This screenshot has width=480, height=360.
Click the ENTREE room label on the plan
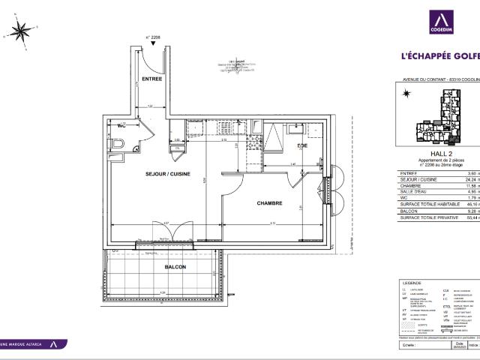[x=153, y=79]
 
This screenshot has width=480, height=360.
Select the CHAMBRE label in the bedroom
[x=268, y=203]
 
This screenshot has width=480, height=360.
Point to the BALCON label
[x=175, y=266]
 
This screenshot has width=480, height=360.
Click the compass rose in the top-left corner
[x=20, y=31]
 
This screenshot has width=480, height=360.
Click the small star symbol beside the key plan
[x=406, y=93]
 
